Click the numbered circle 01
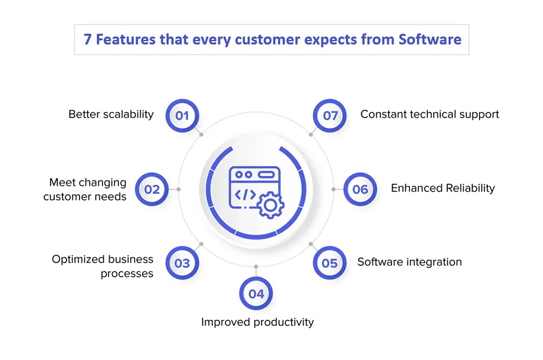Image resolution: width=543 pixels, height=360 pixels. click(x=182, y=116)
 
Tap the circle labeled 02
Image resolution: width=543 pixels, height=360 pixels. click(x=151, y=190)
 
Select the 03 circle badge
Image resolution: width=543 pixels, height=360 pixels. click(x=182, y=263)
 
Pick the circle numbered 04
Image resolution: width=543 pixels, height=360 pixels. click(x=256, y=294)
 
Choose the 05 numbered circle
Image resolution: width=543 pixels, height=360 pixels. click(x=330, y=263)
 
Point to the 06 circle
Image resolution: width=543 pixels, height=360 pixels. click(x=360, y=190)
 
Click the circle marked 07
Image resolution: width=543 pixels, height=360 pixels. click(x=330, y=116)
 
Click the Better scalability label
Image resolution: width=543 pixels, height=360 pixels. click(x=111, y=114)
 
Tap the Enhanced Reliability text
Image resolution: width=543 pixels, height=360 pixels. click(x=443, y=188)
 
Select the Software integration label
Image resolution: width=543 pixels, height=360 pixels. click(x=409, y=262)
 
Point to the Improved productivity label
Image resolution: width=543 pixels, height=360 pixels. click(x=257, y=323)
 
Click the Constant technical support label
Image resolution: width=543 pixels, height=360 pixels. click(x=430, y=114)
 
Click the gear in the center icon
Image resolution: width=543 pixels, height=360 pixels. click(x=270, y=206)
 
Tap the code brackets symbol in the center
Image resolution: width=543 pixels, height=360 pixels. click(x=245, y=194)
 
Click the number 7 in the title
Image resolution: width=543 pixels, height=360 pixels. click(x=87, y=40)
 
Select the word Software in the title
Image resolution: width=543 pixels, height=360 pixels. click(x=430, y=40)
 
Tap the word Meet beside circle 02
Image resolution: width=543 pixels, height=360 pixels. click(x=62, y=182)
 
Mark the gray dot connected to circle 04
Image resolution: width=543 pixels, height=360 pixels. click(x=256, y=267)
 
